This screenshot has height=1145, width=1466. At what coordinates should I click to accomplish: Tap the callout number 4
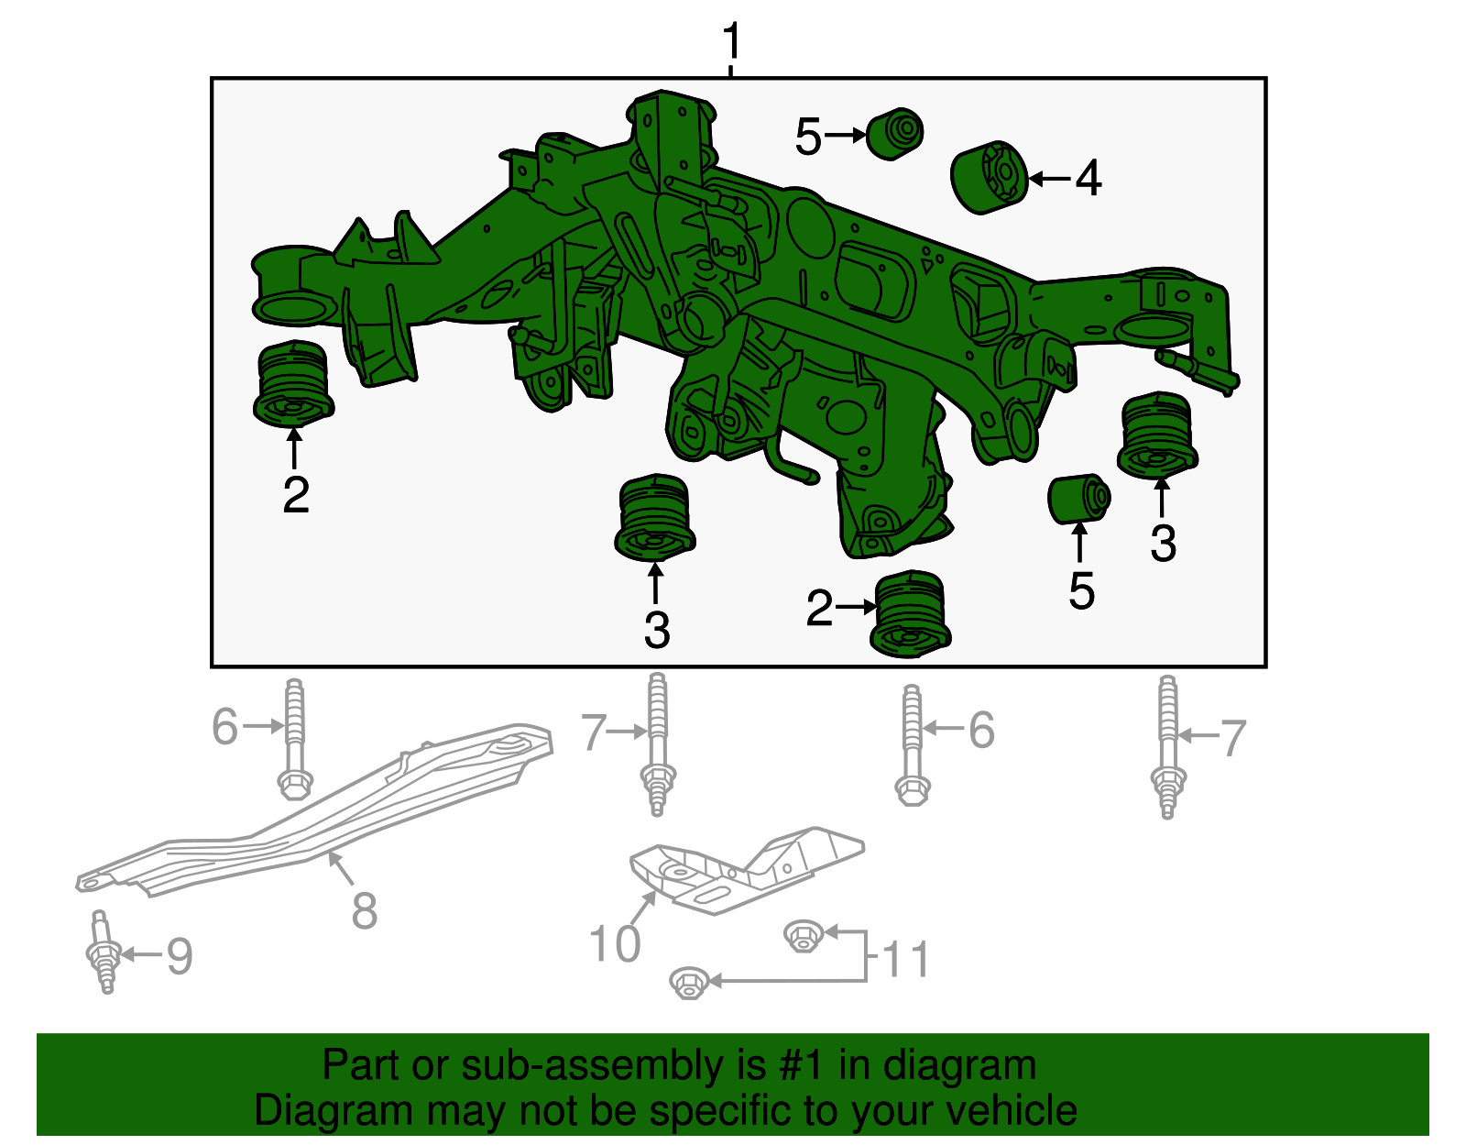tap(1089, 178)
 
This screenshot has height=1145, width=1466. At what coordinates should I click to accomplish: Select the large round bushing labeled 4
tap(989, 178)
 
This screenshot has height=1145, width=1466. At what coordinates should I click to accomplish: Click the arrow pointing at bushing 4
tap(1050, 179)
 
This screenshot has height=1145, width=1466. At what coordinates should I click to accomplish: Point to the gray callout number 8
tap(365, 909)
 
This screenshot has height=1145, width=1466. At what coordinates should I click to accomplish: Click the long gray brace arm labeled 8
tap(313, 809)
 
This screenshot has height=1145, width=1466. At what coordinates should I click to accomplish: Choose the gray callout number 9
tap(180, 956)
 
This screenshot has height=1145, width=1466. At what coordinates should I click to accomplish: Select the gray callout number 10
tap(615, 943)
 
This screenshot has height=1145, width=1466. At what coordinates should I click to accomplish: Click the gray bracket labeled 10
tap(746, 870)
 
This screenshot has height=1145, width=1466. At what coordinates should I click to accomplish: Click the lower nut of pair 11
tap(689, 983)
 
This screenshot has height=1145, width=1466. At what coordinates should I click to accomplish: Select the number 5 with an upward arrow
tap(1081, 590)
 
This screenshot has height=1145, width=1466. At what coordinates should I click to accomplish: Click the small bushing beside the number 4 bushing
tap(894, 134)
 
